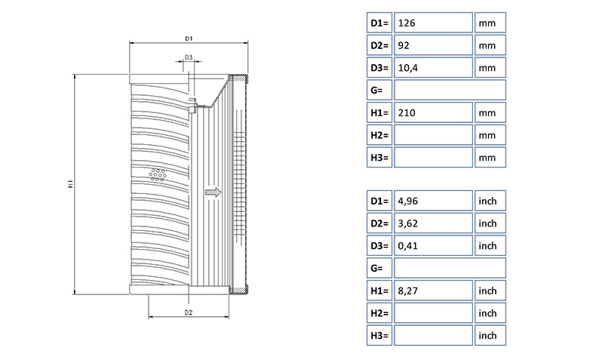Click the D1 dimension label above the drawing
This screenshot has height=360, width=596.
pyautogui.click(x=189, y=38)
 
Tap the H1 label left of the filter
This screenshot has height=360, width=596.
pyautogui.click(x=69, y=183)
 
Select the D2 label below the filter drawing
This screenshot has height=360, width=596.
pyautogui.click(x=189, y=312)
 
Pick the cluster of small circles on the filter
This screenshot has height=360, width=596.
pyautogui.click(x=158, y=175)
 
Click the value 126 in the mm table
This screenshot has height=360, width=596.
pyautogui.click(x=433, y=23)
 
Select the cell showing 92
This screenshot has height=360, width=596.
pyautogui.click(x=433, y=45)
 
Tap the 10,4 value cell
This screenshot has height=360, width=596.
pyautogui.click(x=433, y=68)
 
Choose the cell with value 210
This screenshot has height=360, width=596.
pyautogui.click(x=433, y=113)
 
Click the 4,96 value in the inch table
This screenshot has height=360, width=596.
pyautogui.click(x=433, y=201)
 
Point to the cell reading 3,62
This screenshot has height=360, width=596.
pyautogui.click(x=433, y=223)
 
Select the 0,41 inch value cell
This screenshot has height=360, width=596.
pyautogui.click(x=433, y=246)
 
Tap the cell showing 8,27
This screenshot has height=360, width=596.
pyautogui.click(x=433, y=291)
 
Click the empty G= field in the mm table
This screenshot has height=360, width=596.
pyautogui.click(x=450, y=91)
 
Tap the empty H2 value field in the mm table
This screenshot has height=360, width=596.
pyautogui.click(x=433, y=135)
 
